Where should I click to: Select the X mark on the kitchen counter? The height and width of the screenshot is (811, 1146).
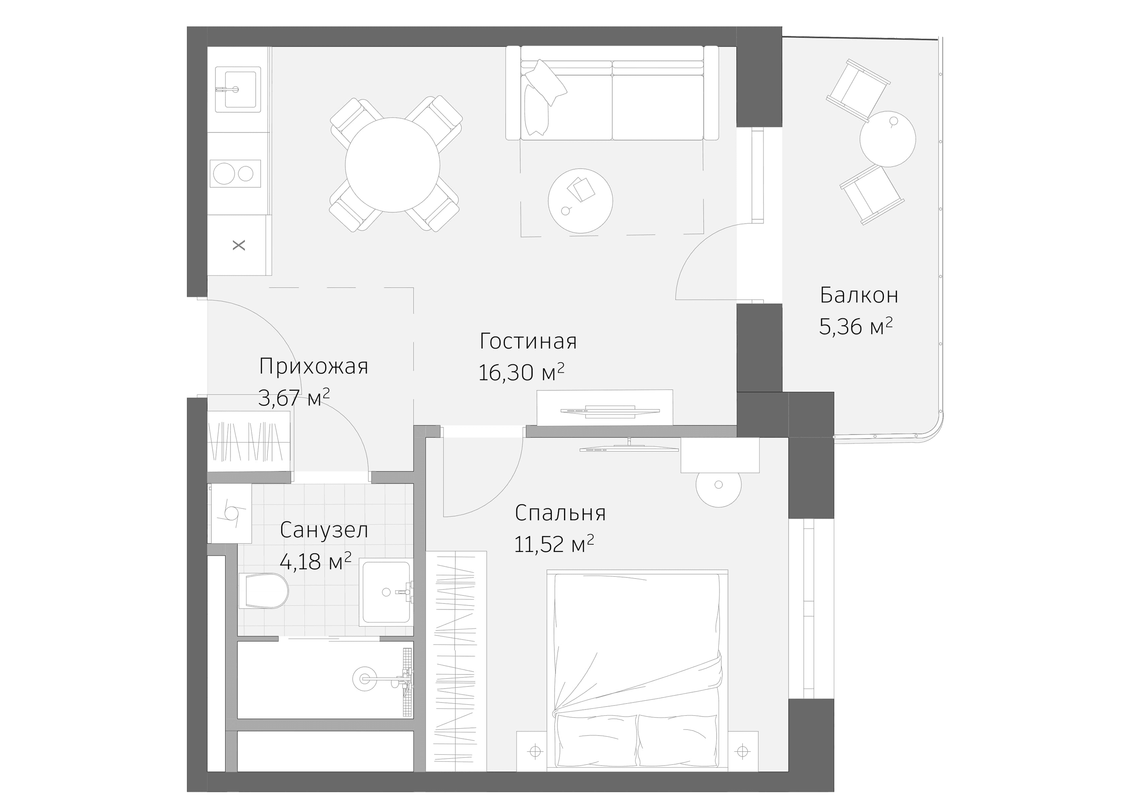(239, 245)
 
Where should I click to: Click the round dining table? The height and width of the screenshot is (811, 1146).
(392, 165)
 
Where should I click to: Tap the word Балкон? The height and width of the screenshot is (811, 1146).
(859, 296)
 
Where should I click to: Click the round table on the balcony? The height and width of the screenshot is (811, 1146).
(888, 139)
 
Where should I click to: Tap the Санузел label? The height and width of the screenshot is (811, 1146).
(324, 530)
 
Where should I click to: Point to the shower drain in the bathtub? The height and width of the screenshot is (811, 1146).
(365, 679)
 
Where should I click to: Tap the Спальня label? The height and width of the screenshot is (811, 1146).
(560, 513)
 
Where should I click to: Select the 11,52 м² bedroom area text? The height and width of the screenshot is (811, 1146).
(553, 544)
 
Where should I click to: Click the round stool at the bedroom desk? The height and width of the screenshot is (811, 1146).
(718, 485)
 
